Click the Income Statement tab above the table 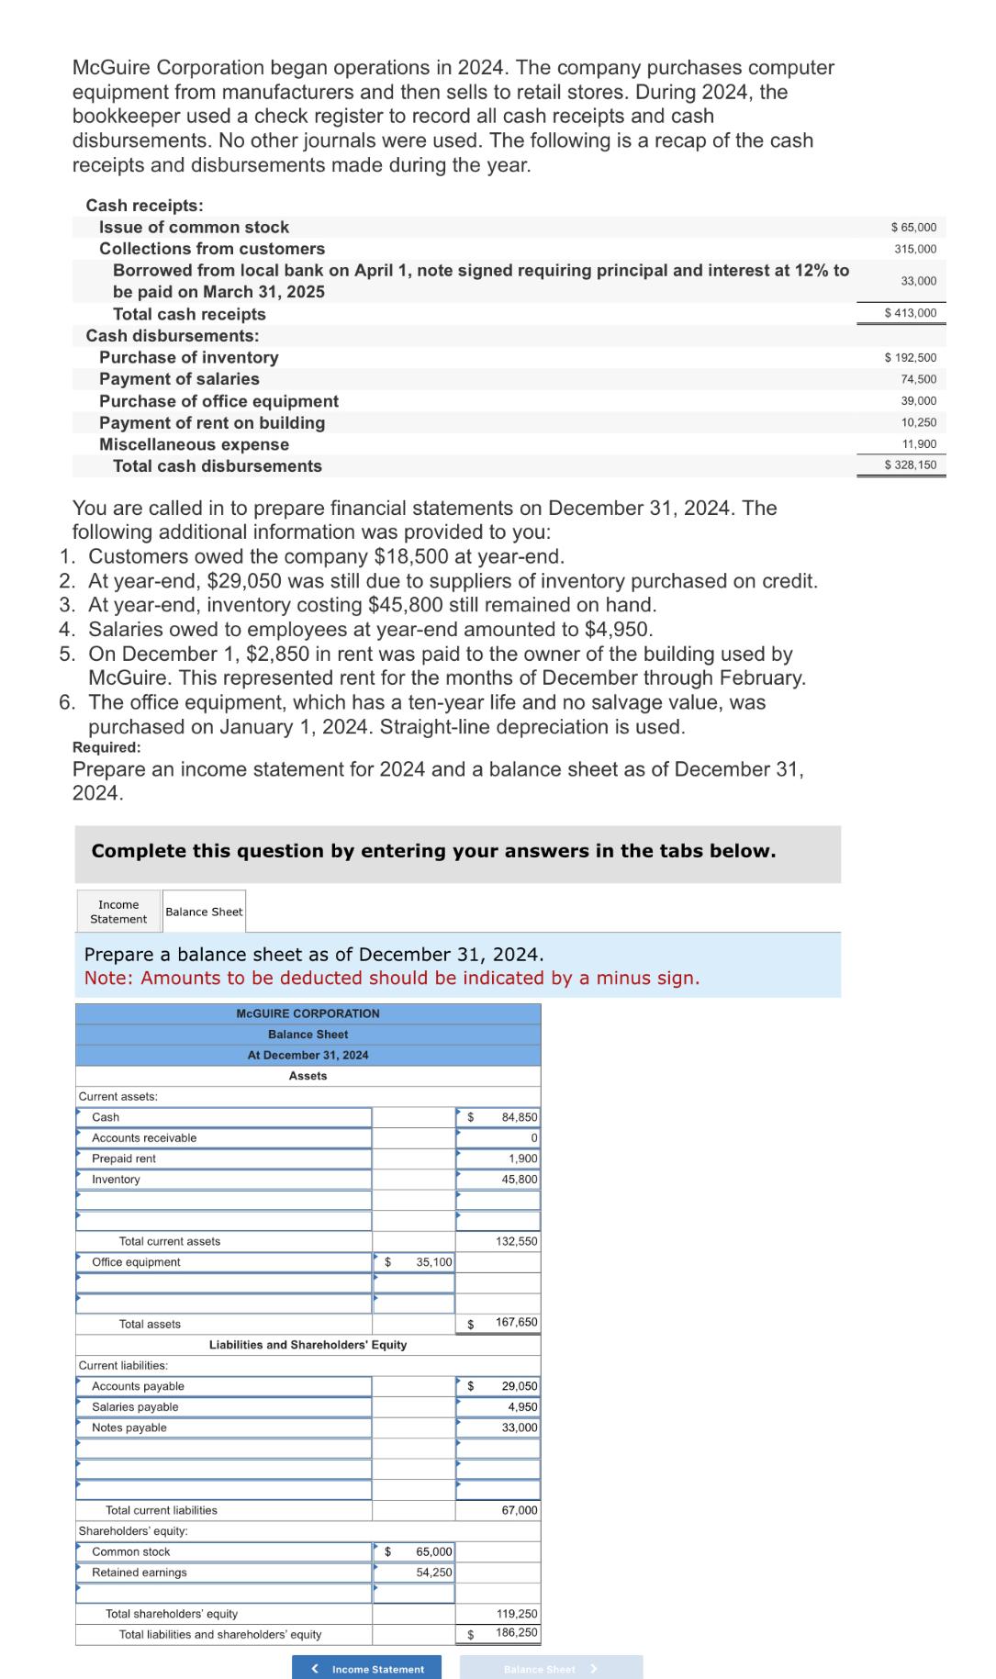tap(118, 912)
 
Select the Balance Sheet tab tap(204, 912)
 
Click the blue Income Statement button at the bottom tap(367, 1668)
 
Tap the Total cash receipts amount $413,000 tap(911, 313)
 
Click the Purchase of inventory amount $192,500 tap(911, 357)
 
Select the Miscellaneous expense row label tap(194, 444)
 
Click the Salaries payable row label tap(135, 1407)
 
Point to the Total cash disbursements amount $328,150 tap(911, 465)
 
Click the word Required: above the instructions tap(106, 747)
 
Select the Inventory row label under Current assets tap(116, 1180)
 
